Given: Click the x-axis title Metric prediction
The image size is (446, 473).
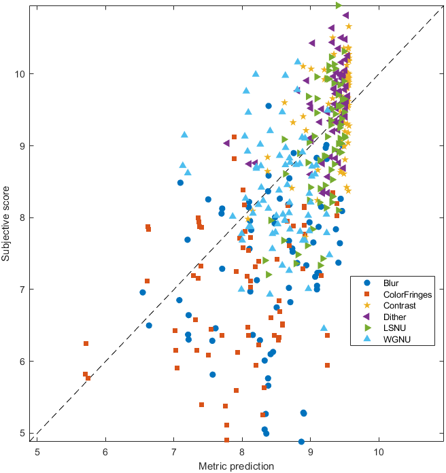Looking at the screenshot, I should click(x=236, y=466).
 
